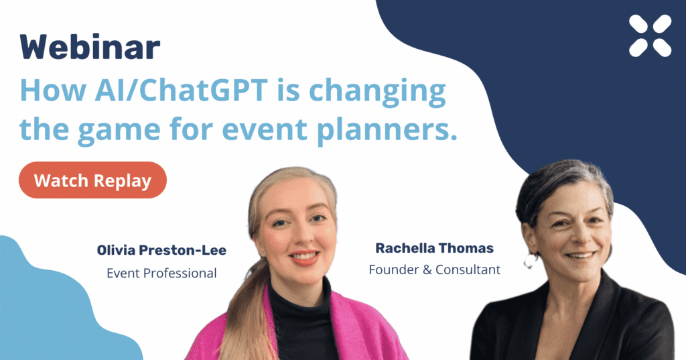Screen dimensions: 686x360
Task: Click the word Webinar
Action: tap(90, 47)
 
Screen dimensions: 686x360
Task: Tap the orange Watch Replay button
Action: tap(92, 180)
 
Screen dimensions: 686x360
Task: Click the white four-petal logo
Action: tap(650, 36)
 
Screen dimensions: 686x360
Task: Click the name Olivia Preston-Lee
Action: tap(161, 251)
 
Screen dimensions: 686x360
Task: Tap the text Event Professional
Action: tap(161, 274)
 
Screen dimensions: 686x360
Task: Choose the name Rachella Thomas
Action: tap(434, 248)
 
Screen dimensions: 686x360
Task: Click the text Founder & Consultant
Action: tap(434, 269)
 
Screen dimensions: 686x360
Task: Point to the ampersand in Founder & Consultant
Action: tap(427, 269)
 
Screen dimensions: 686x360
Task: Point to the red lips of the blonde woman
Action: tap(304, 257)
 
